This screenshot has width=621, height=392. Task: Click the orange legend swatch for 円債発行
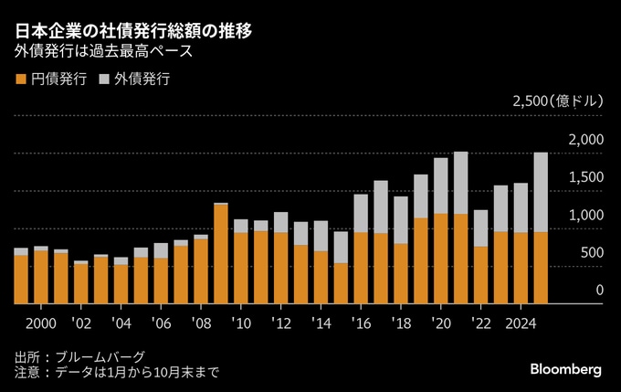click(20, 79)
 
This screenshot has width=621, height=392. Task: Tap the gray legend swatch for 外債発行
click(104, 79)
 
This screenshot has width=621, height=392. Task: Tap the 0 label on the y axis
click(599, 291)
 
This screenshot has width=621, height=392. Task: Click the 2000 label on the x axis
click(40, 324)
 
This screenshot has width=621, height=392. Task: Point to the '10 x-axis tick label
click(241, 324)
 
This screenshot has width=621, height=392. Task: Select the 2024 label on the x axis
click(521, 324)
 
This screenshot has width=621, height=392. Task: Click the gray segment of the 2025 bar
click(541, 192)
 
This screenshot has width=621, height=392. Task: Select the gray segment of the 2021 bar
click(460, 183)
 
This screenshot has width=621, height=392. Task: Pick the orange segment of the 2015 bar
click(341, 283)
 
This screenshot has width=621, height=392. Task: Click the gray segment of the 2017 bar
click(381, 207)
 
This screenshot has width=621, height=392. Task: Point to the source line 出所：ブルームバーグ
click(80, 356)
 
